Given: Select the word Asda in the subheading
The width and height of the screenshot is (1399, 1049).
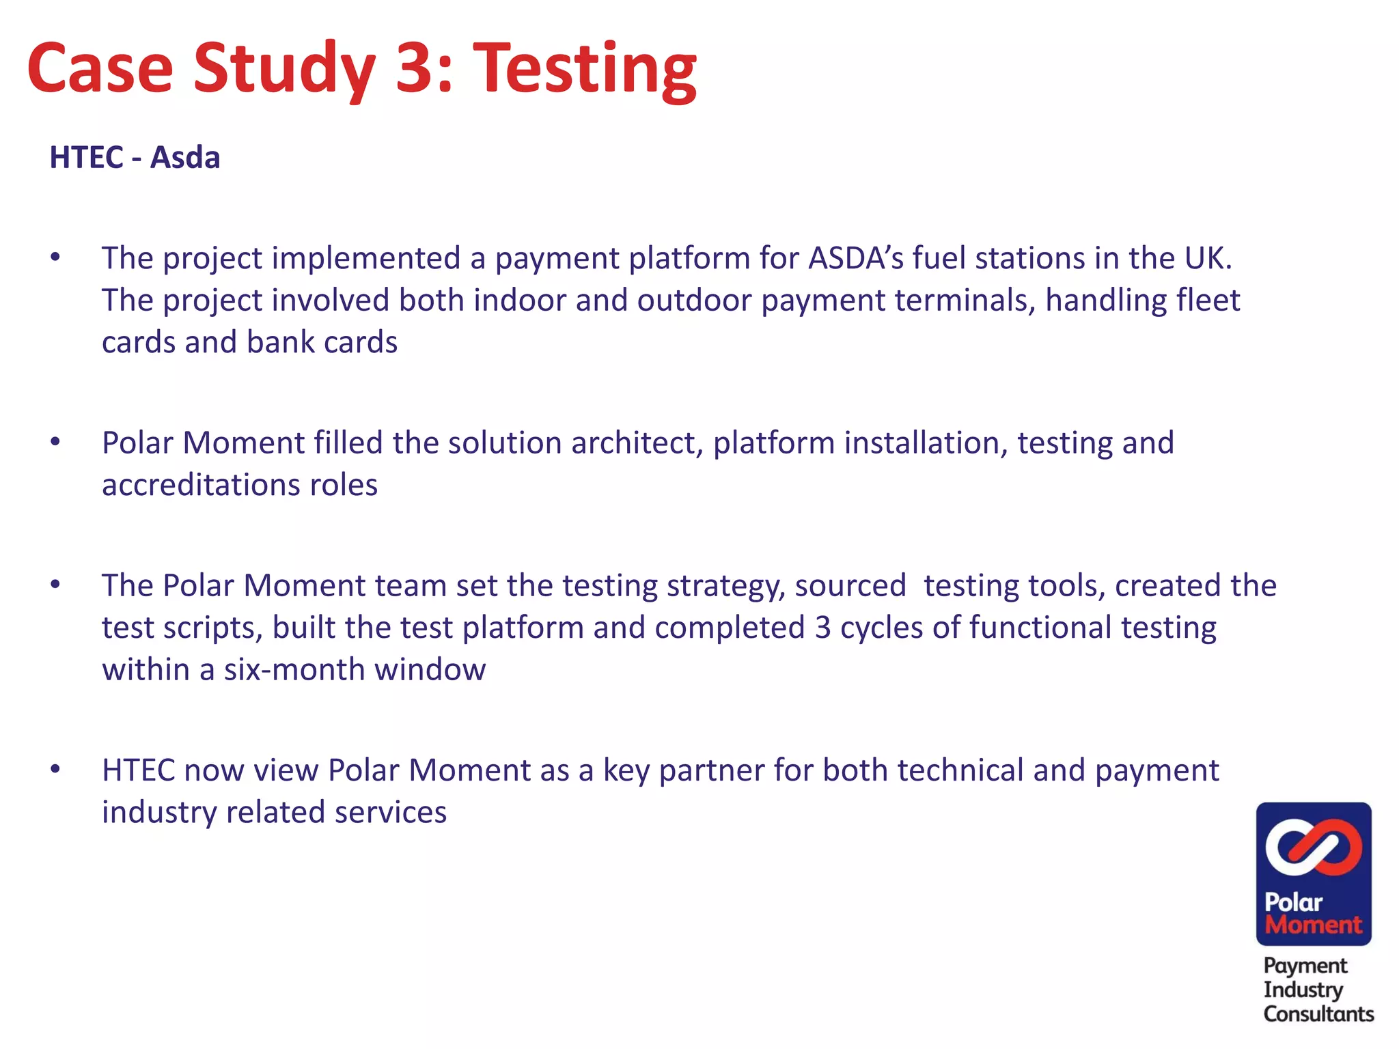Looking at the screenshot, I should click(x=185, y=158).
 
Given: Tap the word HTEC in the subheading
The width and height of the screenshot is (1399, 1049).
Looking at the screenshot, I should click(x=86, y=158).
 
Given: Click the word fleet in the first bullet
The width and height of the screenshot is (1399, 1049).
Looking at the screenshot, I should click(x=1208, y=300).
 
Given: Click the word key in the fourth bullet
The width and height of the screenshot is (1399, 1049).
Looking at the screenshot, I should click(x=626, y=771).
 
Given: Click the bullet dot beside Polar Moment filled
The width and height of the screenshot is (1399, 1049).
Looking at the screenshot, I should click(x=55, y=442).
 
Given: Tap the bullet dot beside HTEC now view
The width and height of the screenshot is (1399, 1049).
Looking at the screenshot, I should click(x=55, y=770).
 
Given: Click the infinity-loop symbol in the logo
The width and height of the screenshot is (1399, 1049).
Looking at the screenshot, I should click(x=1313, y=847).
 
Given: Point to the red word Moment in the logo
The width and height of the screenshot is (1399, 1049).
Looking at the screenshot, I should click(x=1313, y=925).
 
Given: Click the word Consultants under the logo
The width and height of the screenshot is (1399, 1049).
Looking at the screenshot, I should click(x=1318, y=1014).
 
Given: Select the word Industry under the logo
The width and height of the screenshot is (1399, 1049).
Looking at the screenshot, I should click(x=1303, y=990).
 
